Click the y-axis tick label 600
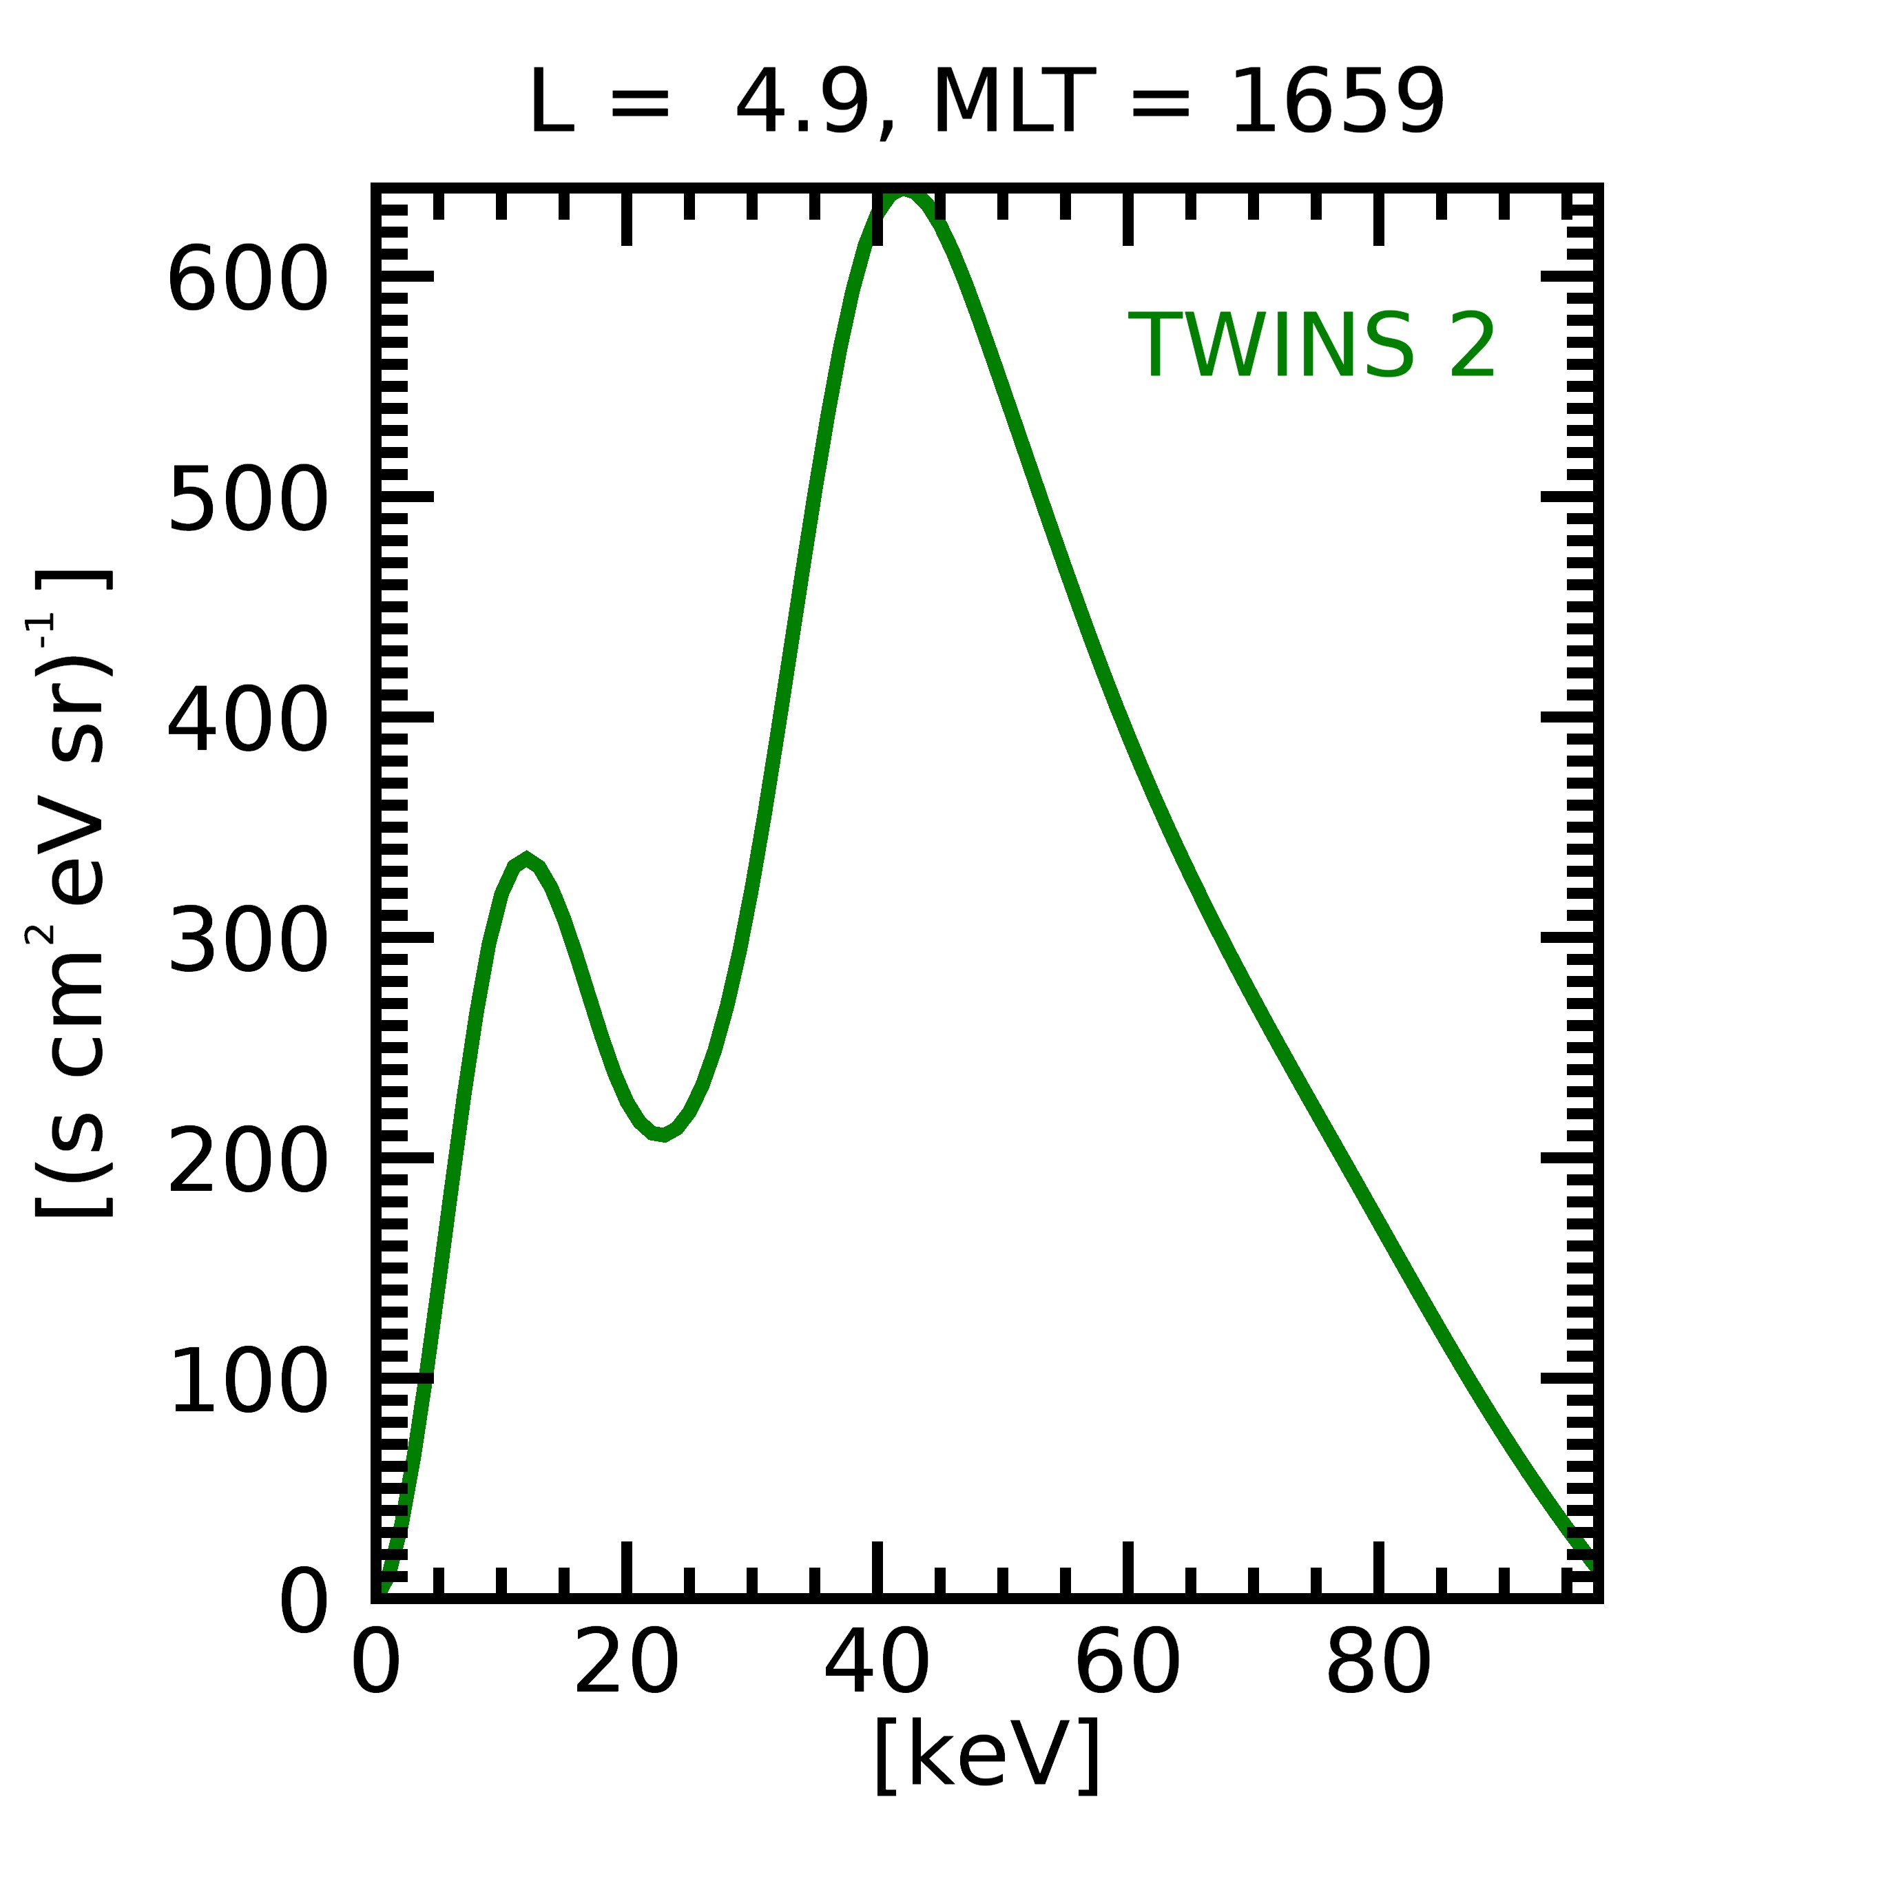pyautogui.click(x=247, y=280)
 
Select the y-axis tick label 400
pyautogui.click(x=247, y=720)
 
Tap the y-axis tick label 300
pyautogui.click(x=247, y=941)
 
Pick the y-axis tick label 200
pyautogui.click(x=247, y=1161)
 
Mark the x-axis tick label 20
pyautogui.click(x=626, y=1664)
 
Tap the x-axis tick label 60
pyautogui.click(x=1127, y=1664)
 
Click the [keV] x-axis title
pyautogui.click(x=987, y=1754)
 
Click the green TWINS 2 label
pyautogui.click(x=1311, y=346)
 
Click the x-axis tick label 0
pyautogui.click(x=376, y=1664)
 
